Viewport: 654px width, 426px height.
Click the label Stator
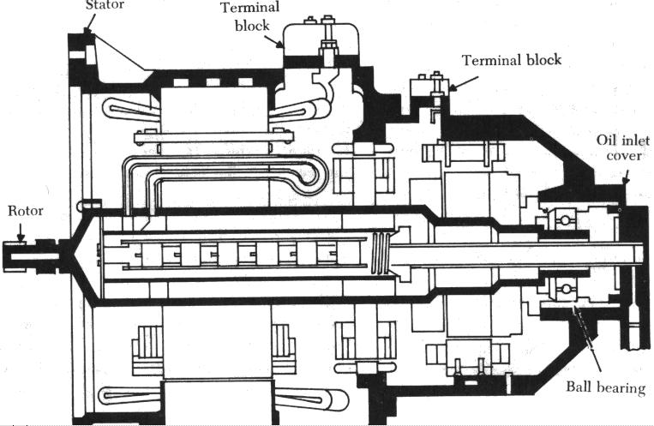click(104, 5)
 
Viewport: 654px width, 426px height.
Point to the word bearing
click(620, 388)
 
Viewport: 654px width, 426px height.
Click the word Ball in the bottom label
click(579, 388)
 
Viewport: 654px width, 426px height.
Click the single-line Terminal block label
click(513, 60)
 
